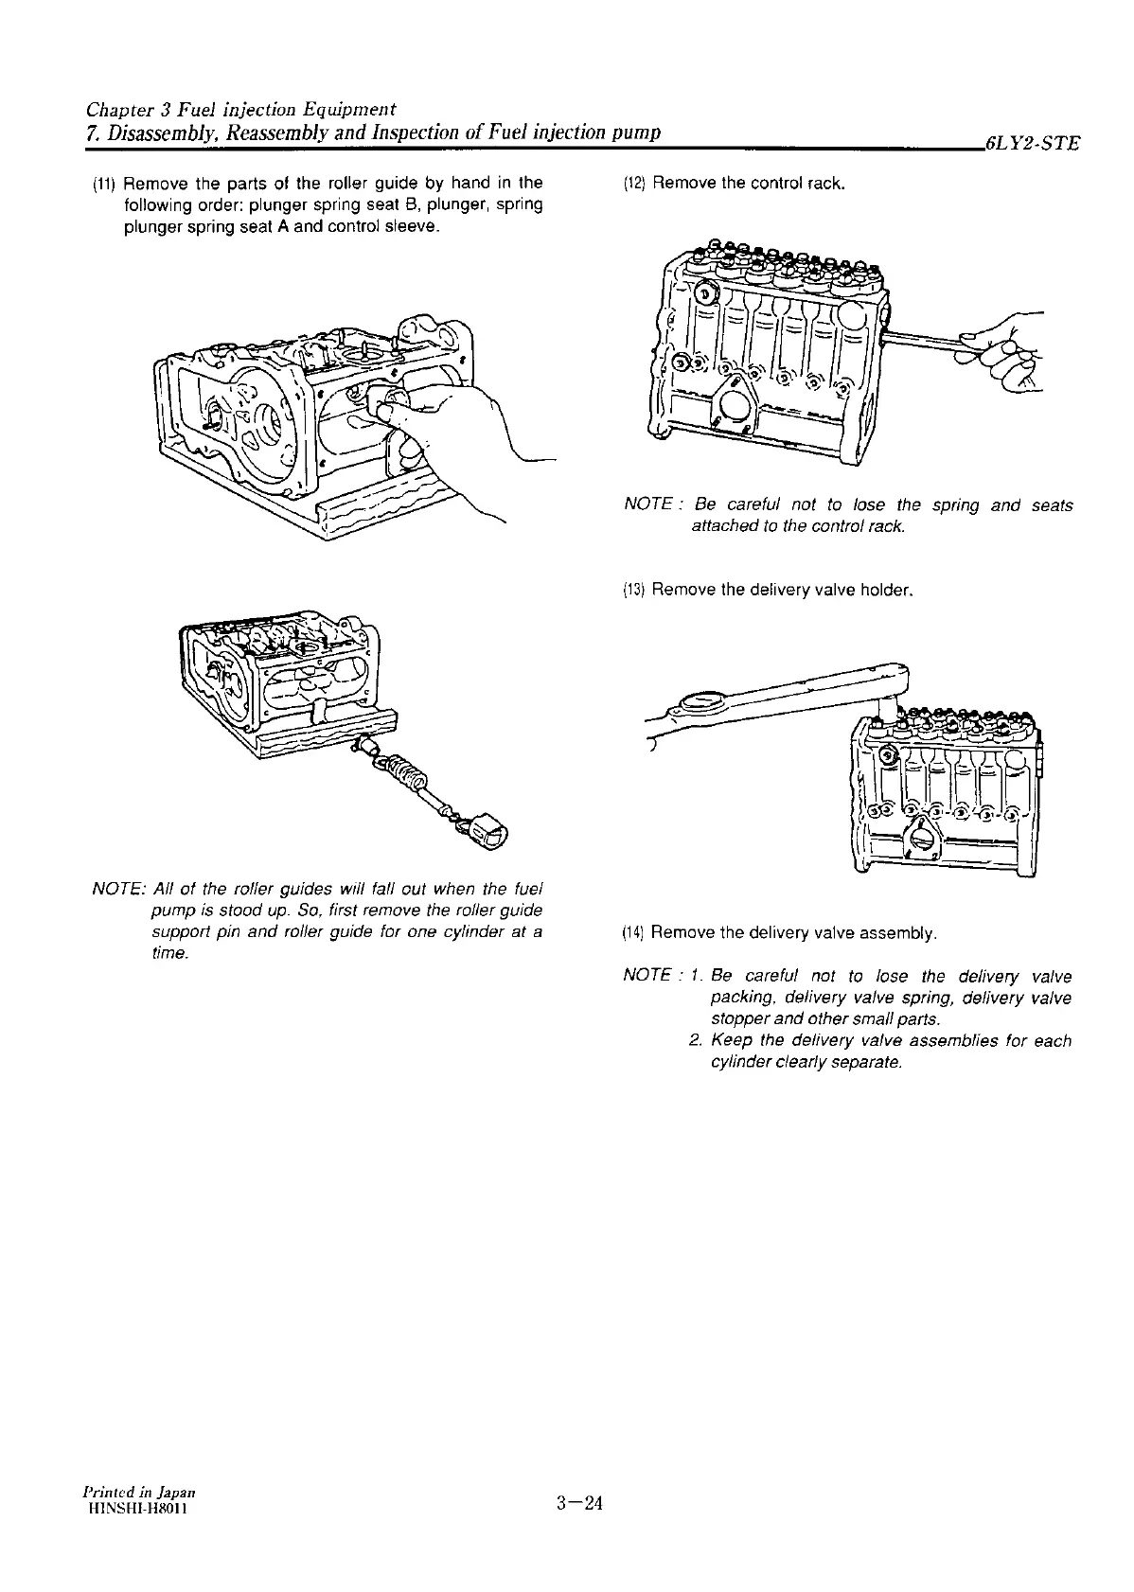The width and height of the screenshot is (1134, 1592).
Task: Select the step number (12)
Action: [x=633, y=183]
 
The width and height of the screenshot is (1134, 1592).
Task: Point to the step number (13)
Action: [x=633, y=591]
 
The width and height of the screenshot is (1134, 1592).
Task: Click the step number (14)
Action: [x=633, y=933]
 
